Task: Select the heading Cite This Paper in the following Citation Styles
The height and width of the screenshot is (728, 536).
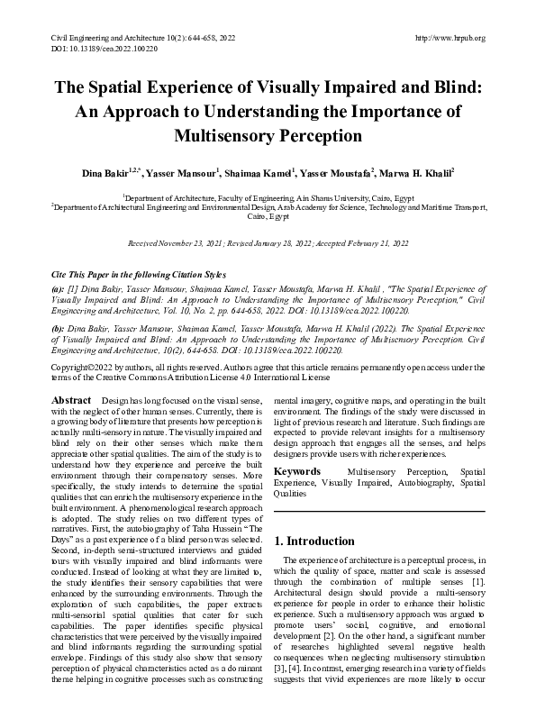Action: (141, 273)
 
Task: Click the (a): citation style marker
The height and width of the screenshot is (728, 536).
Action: (59, 287)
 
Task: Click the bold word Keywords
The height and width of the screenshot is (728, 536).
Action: (297, 471)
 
